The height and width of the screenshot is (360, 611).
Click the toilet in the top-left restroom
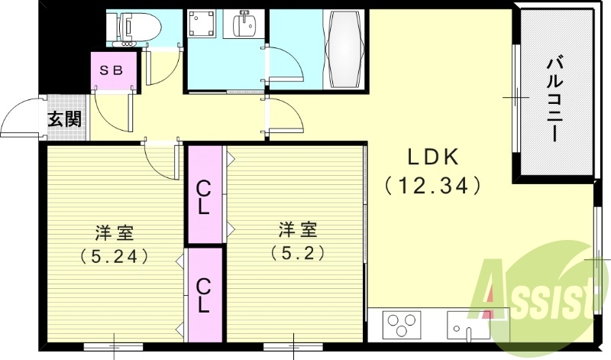pyautogui.click(x=141, y=28)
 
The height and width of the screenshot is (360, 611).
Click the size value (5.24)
pyautogui.click(x=113, y=256)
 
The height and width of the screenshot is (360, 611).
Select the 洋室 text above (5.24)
pyautogui.click(x=113, y=229)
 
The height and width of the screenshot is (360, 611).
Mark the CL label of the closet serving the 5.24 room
pyautogui.click(x=204, y=294)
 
